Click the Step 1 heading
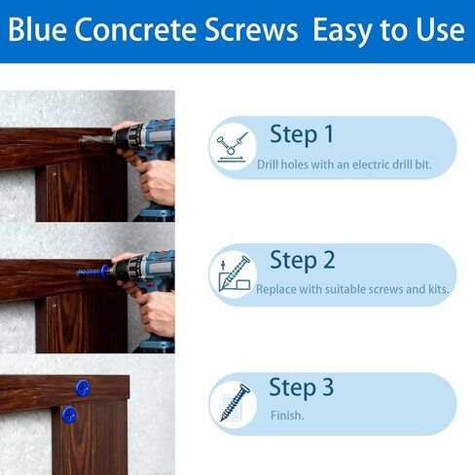tap(301, 134)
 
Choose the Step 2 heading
tap(302, 260)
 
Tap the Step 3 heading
tap(301, 386)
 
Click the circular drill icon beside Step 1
tap(234, 148)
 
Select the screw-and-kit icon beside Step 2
tap(234, 275)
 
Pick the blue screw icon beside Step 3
tap(234, 402)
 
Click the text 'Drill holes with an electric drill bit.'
tap(344, 164)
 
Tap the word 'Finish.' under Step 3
tap(287, 416)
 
